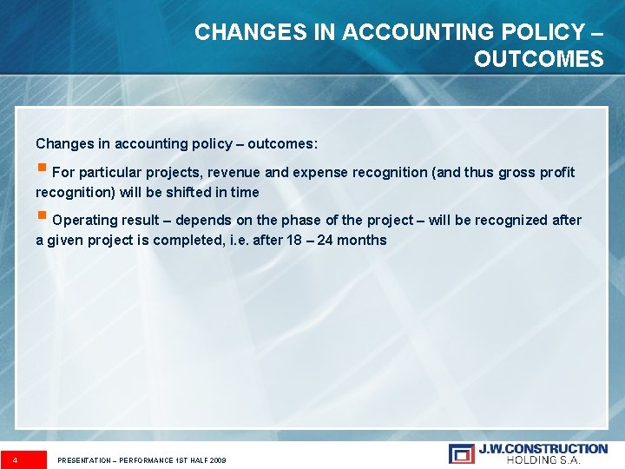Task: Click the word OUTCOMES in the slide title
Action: (x=538, y=59)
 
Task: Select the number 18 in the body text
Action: (x=293, y=240)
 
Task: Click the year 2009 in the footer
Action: (x=217, y=459)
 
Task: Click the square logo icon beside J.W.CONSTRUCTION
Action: (x=462, y=453)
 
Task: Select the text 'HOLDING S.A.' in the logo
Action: (x=556, y=459)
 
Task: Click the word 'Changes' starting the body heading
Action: (x=62, y=143)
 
